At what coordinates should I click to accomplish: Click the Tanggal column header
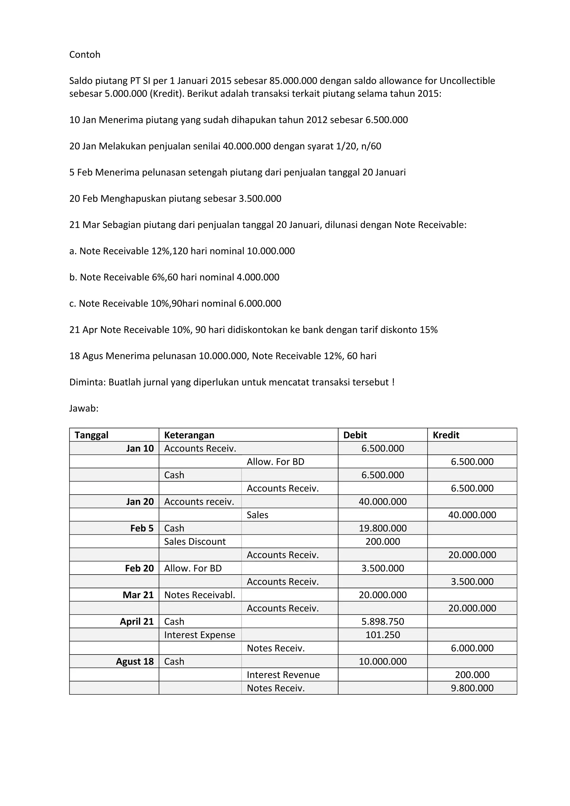(91, 435)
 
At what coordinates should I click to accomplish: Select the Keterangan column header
(189, 435)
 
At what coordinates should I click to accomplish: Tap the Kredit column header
(446, 435)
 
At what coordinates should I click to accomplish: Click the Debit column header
(355, 435)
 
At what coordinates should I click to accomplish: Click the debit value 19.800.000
(383, 528)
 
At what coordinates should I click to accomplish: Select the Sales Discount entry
(195, 541)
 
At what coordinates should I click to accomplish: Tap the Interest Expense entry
(199, 635)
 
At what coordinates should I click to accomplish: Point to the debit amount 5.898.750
(383, 622)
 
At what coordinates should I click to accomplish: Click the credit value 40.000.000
(472, 515)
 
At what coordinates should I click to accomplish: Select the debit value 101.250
(383, 635)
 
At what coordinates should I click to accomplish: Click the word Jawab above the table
(83, 409)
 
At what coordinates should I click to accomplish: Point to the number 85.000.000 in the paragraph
(293, 81)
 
